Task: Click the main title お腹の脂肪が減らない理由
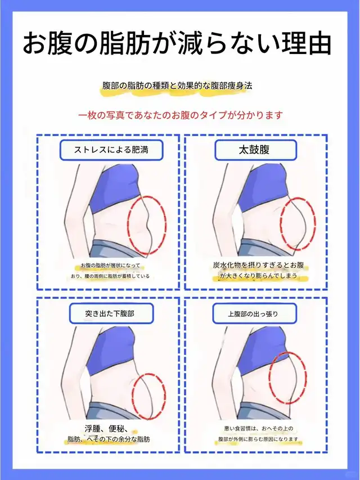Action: pyautogui.click(x=177, y=43)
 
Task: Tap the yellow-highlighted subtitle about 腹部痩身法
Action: pyautogui.click(x=177, y=86)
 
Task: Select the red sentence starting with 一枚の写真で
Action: pyautogui.click(x=181, y=115)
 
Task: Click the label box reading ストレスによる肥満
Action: pyautogui.click(x=111, y=150)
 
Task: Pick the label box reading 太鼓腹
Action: pyautogui.click(x=255, y=150)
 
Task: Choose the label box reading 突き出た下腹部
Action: pyautogui.click(x=111, y=313)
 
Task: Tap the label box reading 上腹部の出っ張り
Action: pyautogui.click(x=254, y=313)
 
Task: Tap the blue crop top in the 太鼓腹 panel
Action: pyautogui.click(x=263, y=187)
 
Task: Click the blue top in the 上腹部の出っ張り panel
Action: pyautogui.click(x=263, y=351)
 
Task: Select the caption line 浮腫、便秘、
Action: pyautogui.click(x=106, y=429)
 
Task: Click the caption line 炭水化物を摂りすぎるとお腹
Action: pyautogui.click(x=259, y=265)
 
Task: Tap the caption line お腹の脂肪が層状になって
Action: pyautogui.click(x=110, y=266)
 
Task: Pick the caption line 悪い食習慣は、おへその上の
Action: pyautogui.click(x=259, y=429)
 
